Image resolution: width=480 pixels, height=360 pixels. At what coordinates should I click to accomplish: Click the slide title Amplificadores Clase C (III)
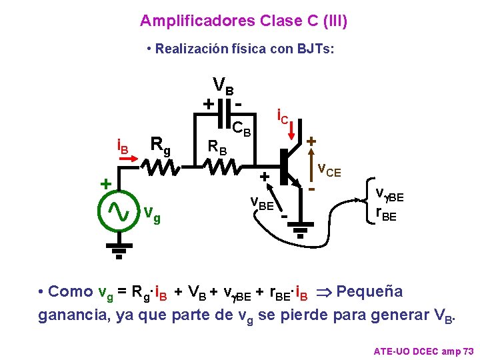243,21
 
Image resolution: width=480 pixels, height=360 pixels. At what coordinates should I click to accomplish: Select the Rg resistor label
160,144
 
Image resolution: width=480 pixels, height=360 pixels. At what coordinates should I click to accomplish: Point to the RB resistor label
217,146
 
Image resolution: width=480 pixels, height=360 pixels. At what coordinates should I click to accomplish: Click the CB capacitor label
241,128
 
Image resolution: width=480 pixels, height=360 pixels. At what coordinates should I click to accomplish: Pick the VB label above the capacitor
223,86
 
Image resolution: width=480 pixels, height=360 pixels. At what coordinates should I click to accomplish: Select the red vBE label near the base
262,203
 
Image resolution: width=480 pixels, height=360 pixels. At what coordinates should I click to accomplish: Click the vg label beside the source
153,215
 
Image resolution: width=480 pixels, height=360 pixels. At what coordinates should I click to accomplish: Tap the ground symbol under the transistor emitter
300,229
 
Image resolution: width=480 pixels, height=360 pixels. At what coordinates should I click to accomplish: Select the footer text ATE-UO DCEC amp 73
423,350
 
